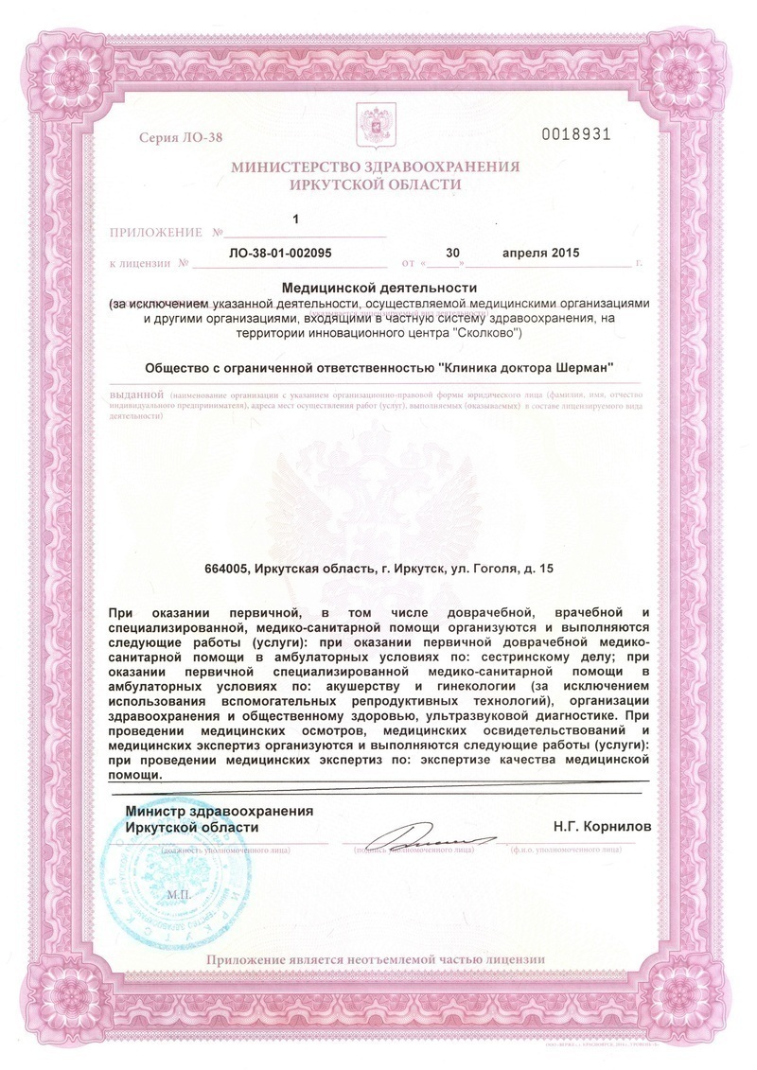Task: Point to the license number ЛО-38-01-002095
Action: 281,253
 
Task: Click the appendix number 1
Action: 295,219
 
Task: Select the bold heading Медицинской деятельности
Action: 376,288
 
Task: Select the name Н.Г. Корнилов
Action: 603,826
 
